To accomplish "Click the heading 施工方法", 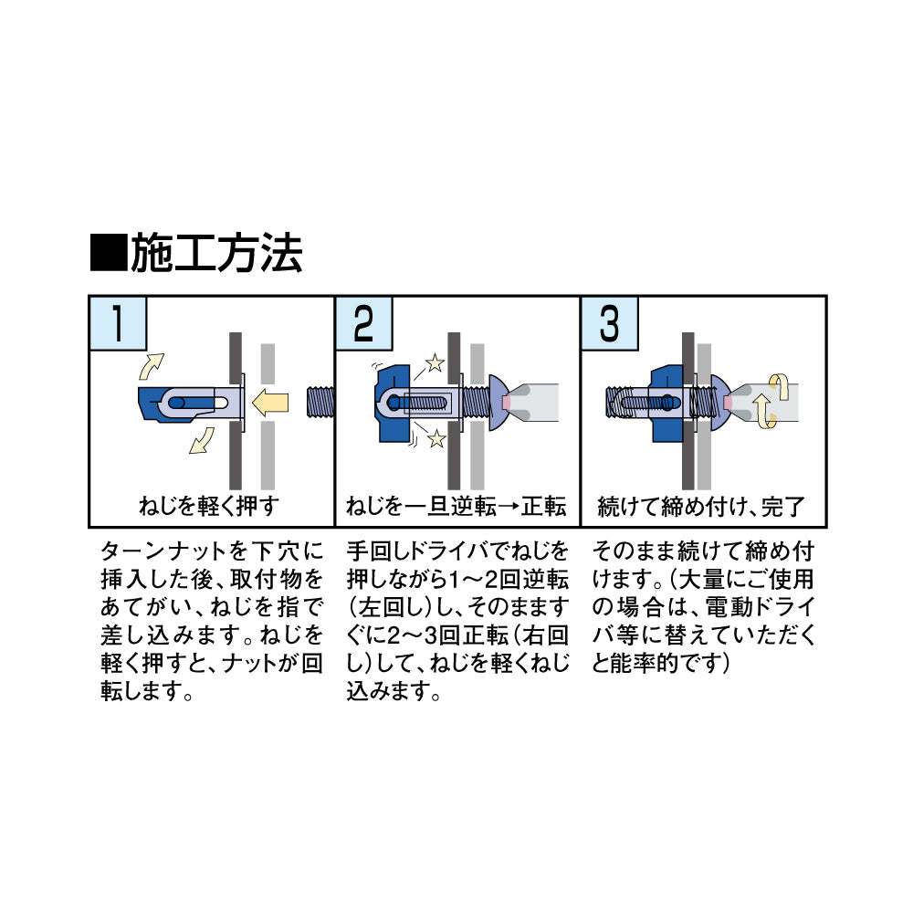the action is pos(216,253).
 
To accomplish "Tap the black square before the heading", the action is pos(109,253).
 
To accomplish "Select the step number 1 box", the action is pos(118,323).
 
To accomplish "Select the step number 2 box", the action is pos(364,323).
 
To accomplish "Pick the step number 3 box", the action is pos(610,323).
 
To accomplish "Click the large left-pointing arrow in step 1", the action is pos(270,403).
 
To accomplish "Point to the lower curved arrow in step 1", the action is pos(202,441).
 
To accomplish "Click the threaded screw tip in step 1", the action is pos(320,402).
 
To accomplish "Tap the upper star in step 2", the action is pos(435,364).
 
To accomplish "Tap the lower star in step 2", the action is pos(436,438).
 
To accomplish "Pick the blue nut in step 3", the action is pos(667,403).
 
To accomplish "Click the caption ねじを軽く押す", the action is pos(209,506).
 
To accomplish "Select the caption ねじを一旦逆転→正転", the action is pos(456,506).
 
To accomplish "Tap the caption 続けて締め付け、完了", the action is pos(701,507).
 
